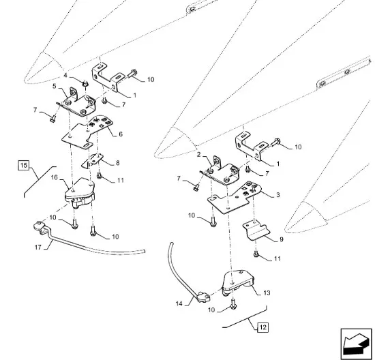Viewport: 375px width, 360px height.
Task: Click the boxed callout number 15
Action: tap(23, 166)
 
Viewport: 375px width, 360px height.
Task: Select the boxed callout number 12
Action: tap(262, 327)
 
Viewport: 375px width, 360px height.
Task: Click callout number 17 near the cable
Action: tap(38, 247)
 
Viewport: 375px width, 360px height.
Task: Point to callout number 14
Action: tap(179, 303)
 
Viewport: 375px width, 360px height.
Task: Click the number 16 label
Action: tap(55, 177)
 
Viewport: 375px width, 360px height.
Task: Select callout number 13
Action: tap(267, 292)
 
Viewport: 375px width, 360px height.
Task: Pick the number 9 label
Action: tap(281, 239)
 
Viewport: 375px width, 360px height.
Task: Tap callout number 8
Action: tap(118, 163)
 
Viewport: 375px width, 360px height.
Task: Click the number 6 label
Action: tap(121, 134)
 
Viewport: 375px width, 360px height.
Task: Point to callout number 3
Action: tap(278, 195)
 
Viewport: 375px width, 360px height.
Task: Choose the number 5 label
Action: tap(55, 86)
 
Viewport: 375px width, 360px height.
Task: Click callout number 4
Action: tap(65, 76)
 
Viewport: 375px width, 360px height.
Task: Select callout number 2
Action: tap(198, 154)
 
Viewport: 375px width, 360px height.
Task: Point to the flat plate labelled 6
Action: tap(87, 133)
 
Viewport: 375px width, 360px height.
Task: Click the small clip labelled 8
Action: tap(93, 160)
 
